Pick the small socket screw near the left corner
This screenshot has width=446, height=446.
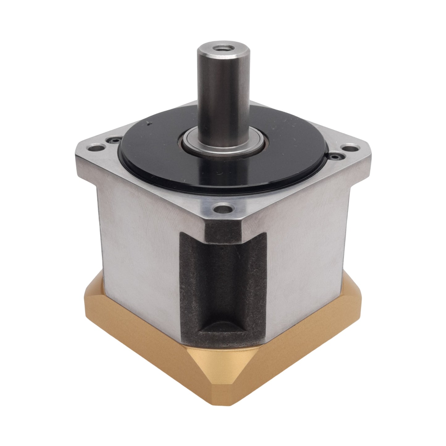click(x=115, y=140)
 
